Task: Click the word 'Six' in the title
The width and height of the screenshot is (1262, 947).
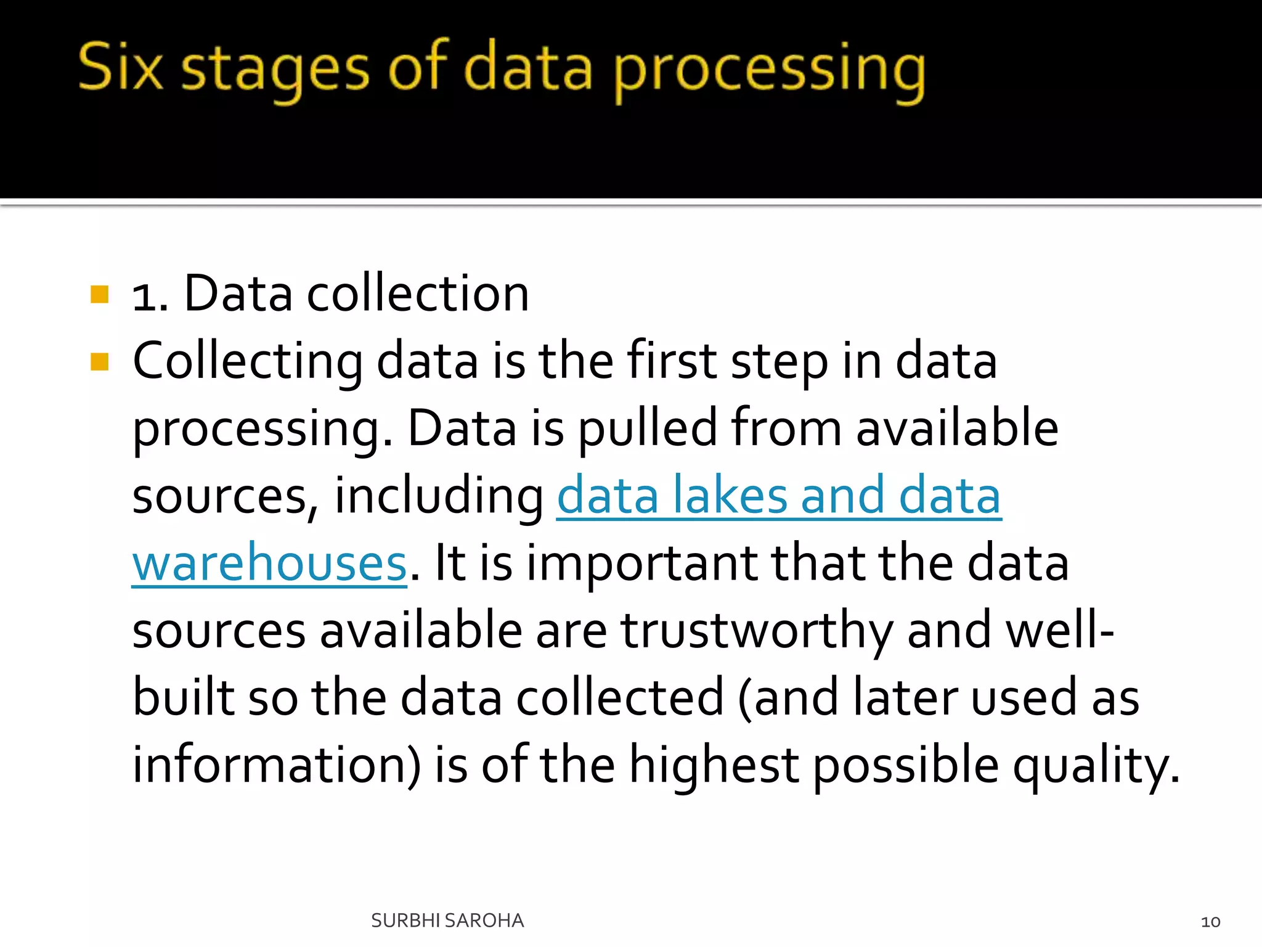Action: (x=121, y=67)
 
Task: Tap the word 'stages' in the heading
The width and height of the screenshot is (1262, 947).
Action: (x=275, y=69)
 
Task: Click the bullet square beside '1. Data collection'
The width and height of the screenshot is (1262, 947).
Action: (x=99, y=295)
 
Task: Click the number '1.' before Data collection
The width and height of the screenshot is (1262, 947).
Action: (x=150, y=296)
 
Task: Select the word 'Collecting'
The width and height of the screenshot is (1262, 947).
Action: (x=248, y=361)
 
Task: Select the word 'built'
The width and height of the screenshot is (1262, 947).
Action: (x=184, y=697)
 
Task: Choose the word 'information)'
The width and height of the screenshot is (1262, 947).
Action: (x=277, y=765)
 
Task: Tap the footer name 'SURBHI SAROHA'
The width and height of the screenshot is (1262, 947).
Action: (x=447, y=920)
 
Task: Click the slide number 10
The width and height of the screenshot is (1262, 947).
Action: (x=1210, y=922)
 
